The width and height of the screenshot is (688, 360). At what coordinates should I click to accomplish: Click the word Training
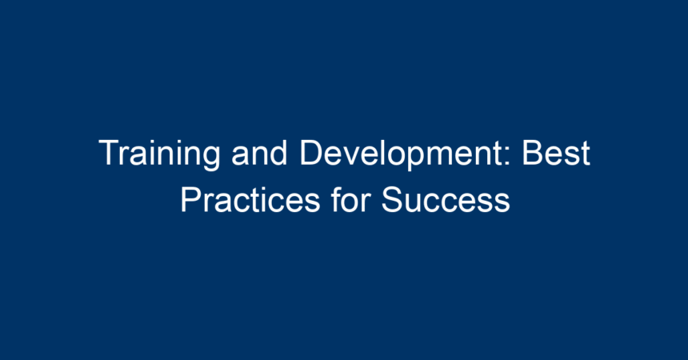pyautogui.click(x=159, y=154)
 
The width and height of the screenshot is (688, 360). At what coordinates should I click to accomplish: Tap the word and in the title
pyautogui.click(x=259, y=152)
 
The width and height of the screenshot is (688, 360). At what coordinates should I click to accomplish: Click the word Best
pyautogui.click(x=556, y=152)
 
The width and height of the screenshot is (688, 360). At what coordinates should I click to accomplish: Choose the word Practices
pyautogui.click(x=250, y=200)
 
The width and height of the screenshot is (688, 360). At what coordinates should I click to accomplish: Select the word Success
pyautogui.click(x=446, y=200)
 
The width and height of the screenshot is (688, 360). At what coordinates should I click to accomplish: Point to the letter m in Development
pyautogui.click(x=441, y=156)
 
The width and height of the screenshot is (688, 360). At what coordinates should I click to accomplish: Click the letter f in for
pyautogui.click(x=337, y=200)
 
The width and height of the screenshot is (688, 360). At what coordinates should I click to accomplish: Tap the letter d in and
pyautogui.click(x=279, y=152)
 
